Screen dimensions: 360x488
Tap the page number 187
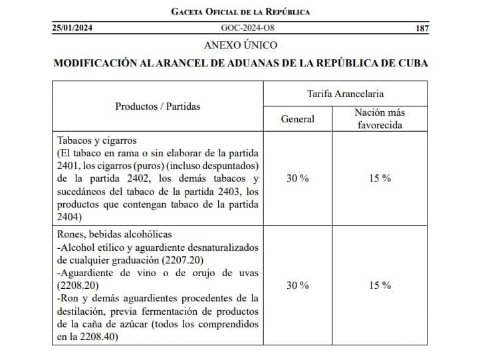422,29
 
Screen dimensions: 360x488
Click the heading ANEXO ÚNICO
241,45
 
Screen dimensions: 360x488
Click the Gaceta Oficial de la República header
240,12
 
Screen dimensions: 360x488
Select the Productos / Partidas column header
158,106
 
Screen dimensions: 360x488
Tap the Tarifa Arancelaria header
345,94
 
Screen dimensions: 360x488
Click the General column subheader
298,119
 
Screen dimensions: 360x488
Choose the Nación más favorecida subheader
380,118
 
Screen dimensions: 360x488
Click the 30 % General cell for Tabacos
297,178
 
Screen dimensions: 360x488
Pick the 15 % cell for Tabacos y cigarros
380,178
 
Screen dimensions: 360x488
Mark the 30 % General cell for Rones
297,285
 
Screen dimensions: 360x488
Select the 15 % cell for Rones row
380,285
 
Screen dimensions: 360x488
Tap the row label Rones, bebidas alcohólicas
114,234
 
